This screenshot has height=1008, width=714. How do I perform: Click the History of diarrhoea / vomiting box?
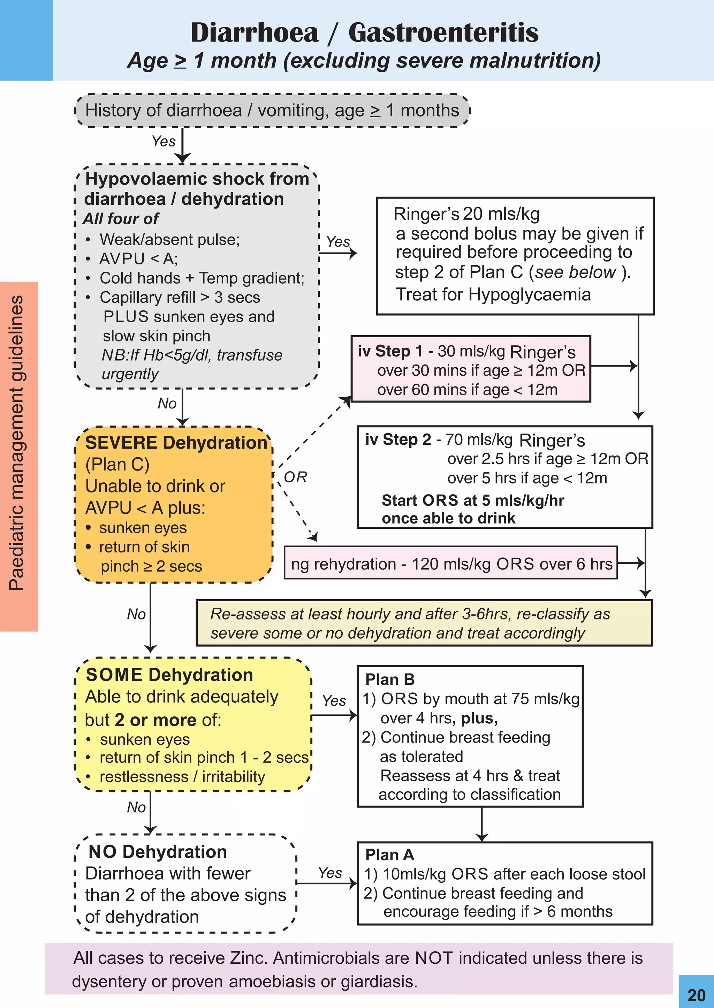pos(272,110)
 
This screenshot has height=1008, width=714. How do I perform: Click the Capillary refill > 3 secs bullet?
pos(180,297)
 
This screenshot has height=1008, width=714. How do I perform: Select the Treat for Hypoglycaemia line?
pos(493,294)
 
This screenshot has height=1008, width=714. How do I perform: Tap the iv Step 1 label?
pos(389,351)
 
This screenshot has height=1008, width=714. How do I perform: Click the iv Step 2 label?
pos(397,439)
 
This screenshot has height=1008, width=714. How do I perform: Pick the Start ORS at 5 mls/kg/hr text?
pos(473,500)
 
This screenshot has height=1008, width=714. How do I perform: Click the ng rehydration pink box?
pos(451,563)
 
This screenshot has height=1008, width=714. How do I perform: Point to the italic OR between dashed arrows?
pos(295,477)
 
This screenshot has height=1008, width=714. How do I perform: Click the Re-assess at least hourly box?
pos(424,623)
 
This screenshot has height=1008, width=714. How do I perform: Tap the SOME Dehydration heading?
pos(169,675)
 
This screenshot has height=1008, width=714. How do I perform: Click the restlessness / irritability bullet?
pos(182,777)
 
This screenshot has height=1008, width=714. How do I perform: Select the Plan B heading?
pos(389,679)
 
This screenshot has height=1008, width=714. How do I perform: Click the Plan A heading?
pos(389,855)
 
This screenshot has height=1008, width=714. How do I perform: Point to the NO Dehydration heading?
pos(157,851)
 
